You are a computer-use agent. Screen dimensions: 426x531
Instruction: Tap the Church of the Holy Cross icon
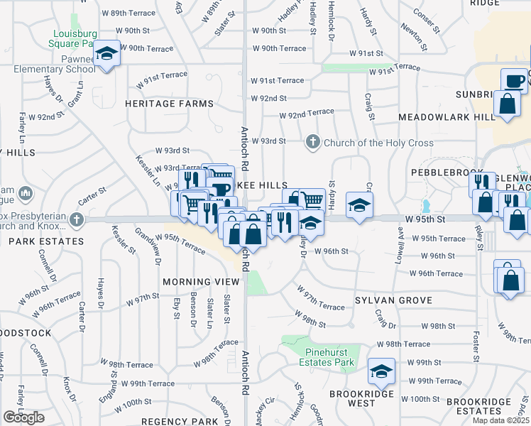pos(312,143)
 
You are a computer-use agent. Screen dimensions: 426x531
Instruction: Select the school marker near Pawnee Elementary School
pos(106,53)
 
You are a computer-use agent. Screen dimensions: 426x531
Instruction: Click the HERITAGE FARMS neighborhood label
pos(169,104)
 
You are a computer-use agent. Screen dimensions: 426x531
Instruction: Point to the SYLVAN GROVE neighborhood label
pos(393,300)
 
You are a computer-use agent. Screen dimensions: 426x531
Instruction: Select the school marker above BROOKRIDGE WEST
pos(381,371)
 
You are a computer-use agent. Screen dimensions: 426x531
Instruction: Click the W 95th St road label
pos(425,219)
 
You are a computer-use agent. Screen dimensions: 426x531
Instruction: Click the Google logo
pos(23,417)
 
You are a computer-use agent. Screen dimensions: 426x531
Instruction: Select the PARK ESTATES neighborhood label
pos(36,241)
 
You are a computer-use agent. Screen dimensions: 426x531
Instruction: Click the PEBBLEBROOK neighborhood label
pos(441,173)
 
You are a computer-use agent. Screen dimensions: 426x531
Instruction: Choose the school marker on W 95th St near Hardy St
pos(358,206)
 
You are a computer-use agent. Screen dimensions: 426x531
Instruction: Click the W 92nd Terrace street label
pos(307,113)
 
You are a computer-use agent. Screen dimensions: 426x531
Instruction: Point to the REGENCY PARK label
pos(173,421)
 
